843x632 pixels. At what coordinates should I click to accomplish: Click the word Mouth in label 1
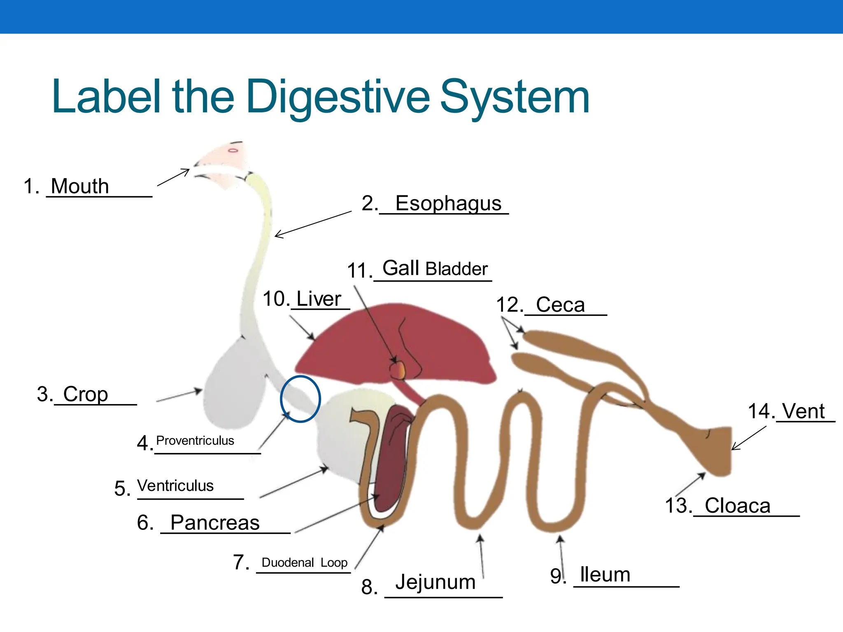point(80,186)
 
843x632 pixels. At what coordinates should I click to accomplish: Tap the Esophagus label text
point(448,203)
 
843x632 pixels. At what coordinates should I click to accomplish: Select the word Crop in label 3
point(86,394)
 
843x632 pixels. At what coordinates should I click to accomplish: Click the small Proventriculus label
point(195,441)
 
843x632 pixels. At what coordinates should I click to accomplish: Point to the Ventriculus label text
point(175,486)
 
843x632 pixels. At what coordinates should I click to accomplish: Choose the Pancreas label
point(215,523)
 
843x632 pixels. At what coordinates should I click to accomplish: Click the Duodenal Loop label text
point(304,562)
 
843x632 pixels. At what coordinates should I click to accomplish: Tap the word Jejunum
point(435,582)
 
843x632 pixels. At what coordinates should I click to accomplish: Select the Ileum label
point(605,575)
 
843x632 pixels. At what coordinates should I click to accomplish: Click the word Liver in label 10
point(319,299)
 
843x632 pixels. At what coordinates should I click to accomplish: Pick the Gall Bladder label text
point(435,269)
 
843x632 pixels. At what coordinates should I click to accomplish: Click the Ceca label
point(560,305)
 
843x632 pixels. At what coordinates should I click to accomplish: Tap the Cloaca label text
point(737,506)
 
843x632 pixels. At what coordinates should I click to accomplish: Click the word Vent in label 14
point(803,411)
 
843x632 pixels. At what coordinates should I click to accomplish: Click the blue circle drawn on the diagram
point(281,398)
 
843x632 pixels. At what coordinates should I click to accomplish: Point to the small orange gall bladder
point(398,369)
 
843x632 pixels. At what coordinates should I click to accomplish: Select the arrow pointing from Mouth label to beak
point(173,177)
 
